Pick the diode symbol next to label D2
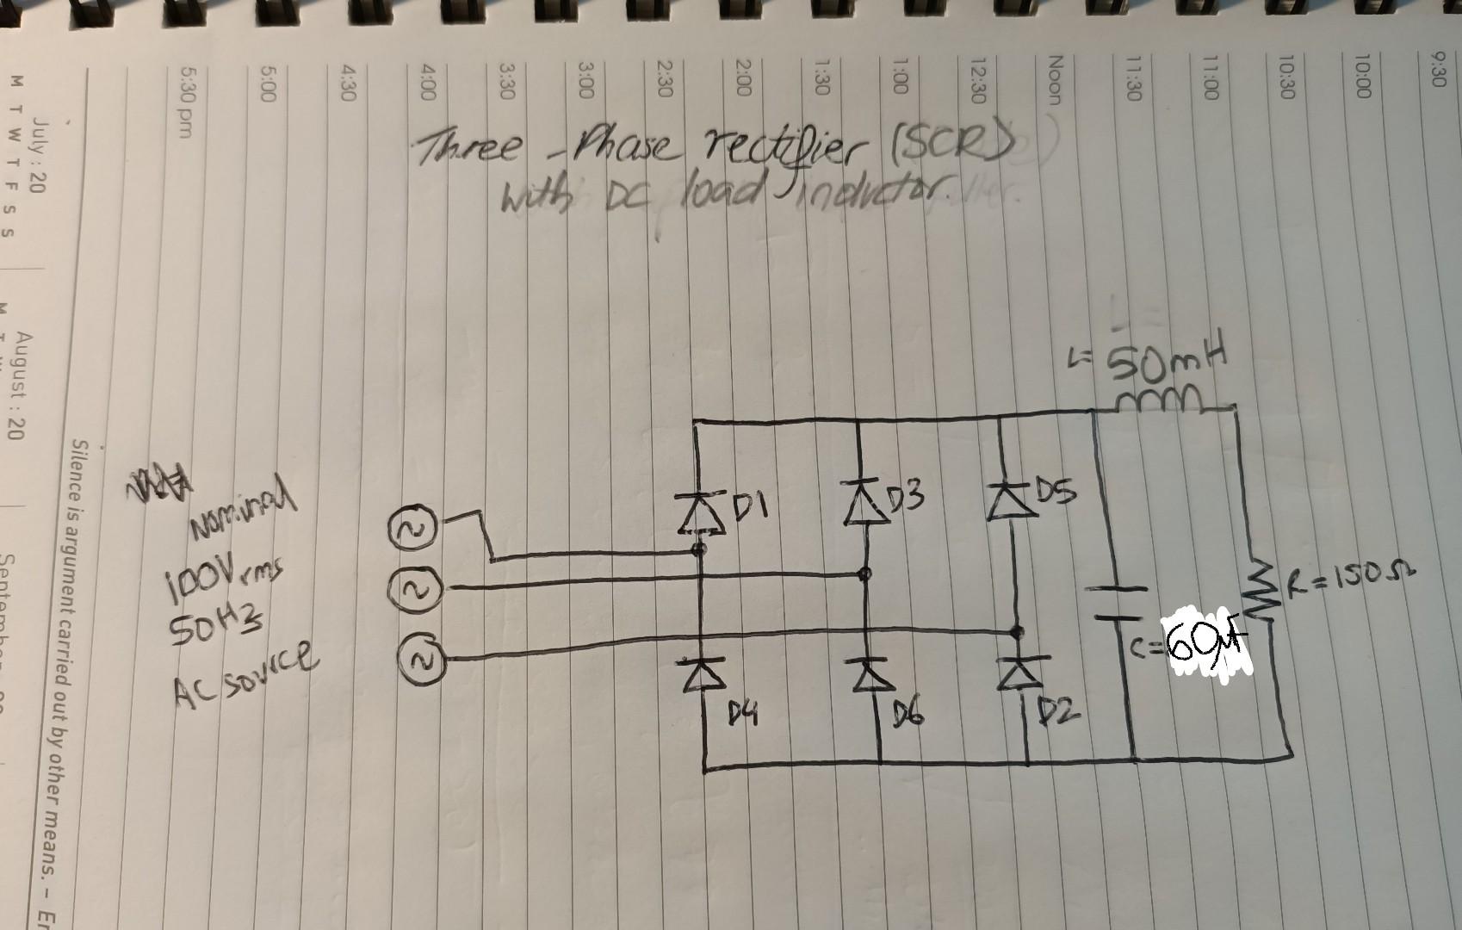pos(1019,670)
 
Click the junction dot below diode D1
pos(699,549)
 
